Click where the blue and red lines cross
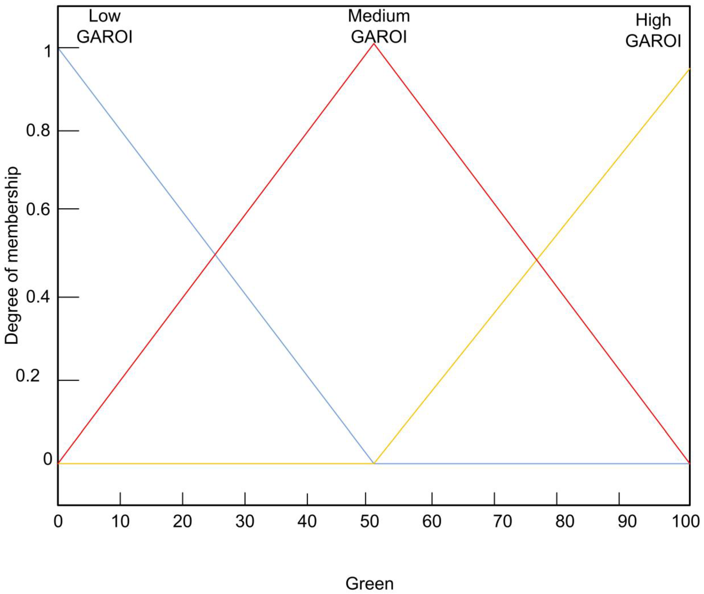point(215,254)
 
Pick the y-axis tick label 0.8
point(38,130)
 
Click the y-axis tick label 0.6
point(38,209)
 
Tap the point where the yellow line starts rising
point(374,463)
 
